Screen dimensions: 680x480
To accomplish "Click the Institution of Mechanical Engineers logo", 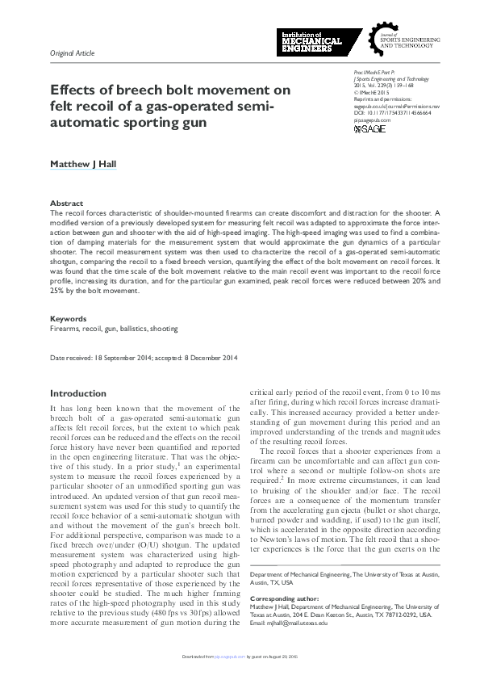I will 310,41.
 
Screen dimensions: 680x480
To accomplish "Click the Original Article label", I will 73,52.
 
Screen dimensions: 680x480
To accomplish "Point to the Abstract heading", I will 65,204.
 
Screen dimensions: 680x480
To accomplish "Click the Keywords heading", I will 68,319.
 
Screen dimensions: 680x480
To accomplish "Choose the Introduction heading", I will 78,393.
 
